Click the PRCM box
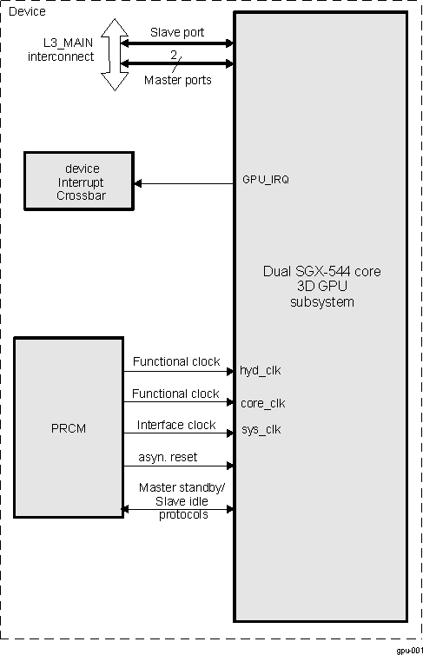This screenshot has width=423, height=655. (69, 428)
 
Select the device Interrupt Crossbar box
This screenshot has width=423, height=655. (79, 182)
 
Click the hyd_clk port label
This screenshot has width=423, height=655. (261, 370)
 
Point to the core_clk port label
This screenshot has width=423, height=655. (262, 403)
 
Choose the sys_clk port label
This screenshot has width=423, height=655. (261, 429)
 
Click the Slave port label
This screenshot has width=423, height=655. (178, 32)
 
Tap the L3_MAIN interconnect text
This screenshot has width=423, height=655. (51, 50)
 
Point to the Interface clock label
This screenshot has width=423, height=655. (176, 425)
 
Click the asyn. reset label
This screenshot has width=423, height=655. (167, 456)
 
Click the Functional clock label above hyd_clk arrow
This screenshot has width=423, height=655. (175, 361)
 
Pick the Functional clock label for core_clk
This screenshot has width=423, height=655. (175, 394)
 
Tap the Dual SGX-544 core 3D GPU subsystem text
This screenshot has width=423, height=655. (321, 286)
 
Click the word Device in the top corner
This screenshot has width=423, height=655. (27, 11)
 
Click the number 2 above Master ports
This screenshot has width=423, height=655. (173, 54)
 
